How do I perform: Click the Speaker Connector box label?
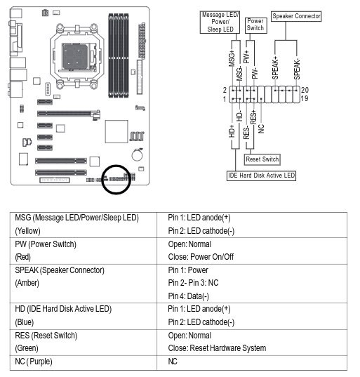coord(296,16)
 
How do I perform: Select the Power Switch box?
coord(255,25)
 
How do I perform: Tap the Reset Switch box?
coord(262,159)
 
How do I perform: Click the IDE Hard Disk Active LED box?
coord(262,176)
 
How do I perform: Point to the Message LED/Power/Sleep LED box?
coord(220,22)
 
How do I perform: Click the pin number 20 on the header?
coord(305,90)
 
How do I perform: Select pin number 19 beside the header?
coord(305,98)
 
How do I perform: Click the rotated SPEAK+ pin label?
coord(275,68)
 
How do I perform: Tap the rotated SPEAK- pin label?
coord(297,69)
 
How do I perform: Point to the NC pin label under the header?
coord(261,128)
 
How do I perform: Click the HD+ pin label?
coord(232,131)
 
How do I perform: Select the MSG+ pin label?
coord(232,58)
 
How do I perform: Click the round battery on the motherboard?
coord(138,155)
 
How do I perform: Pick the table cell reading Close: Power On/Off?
coord(201,257)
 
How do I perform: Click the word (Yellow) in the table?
coord(27,231)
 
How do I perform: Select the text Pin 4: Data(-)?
coord(188,296)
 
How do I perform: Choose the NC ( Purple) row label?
coord(34,362)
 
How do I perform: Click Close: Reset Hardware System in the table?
coord(217,348)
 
